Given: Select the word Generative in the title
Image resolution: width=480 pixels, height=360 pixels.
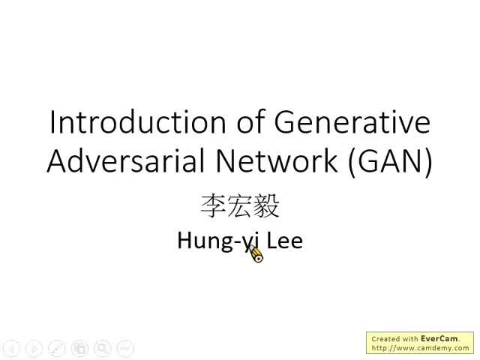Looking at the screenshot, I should (x=352, y=121).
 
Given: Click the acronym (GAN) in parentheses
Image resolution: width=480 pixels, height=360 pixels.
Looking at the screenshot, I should (x=391, y=162).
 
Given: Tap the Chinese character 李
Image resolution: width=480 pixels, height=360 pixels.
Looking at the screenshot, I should (x=213, y=205).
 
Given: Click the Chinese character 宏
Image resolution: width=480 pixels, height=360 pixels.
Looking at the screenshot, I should (x=240, y=205).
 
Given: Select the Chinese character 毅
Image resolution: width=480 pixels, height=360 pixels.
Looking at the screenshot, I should (x=267, y=205).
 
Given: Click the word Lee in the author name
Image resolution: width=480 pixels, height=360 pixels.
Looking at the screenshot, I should (x=284, y=241).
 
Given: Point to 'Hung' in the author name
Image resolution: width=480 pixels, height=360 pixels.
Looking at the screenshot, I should (x=201, y=241).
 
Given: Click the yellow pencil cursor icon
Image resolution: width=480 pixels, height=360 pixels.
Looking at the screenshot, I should (x=256, y=255).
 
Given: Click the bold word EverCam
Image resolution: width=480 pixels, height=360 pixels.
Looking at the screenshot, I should (x=439, y=339).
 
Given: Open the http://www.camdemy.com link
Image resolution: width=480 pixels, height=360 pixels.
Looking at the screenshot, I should (x=420, y=348).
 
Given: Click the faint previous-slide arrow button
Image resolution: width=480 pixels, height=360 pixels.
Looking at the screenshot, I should (x=10, y=348).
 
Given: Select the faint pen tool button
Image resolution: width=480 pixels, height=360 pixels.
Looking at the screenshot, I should (x=56, y=348).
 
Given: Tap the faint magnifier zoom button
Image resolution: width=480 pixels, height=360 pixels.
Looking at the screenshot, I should (x=102, y=348).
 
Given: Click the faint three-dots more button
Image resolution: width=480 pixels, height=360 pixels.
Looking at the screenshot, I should (x=125, y=348).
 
